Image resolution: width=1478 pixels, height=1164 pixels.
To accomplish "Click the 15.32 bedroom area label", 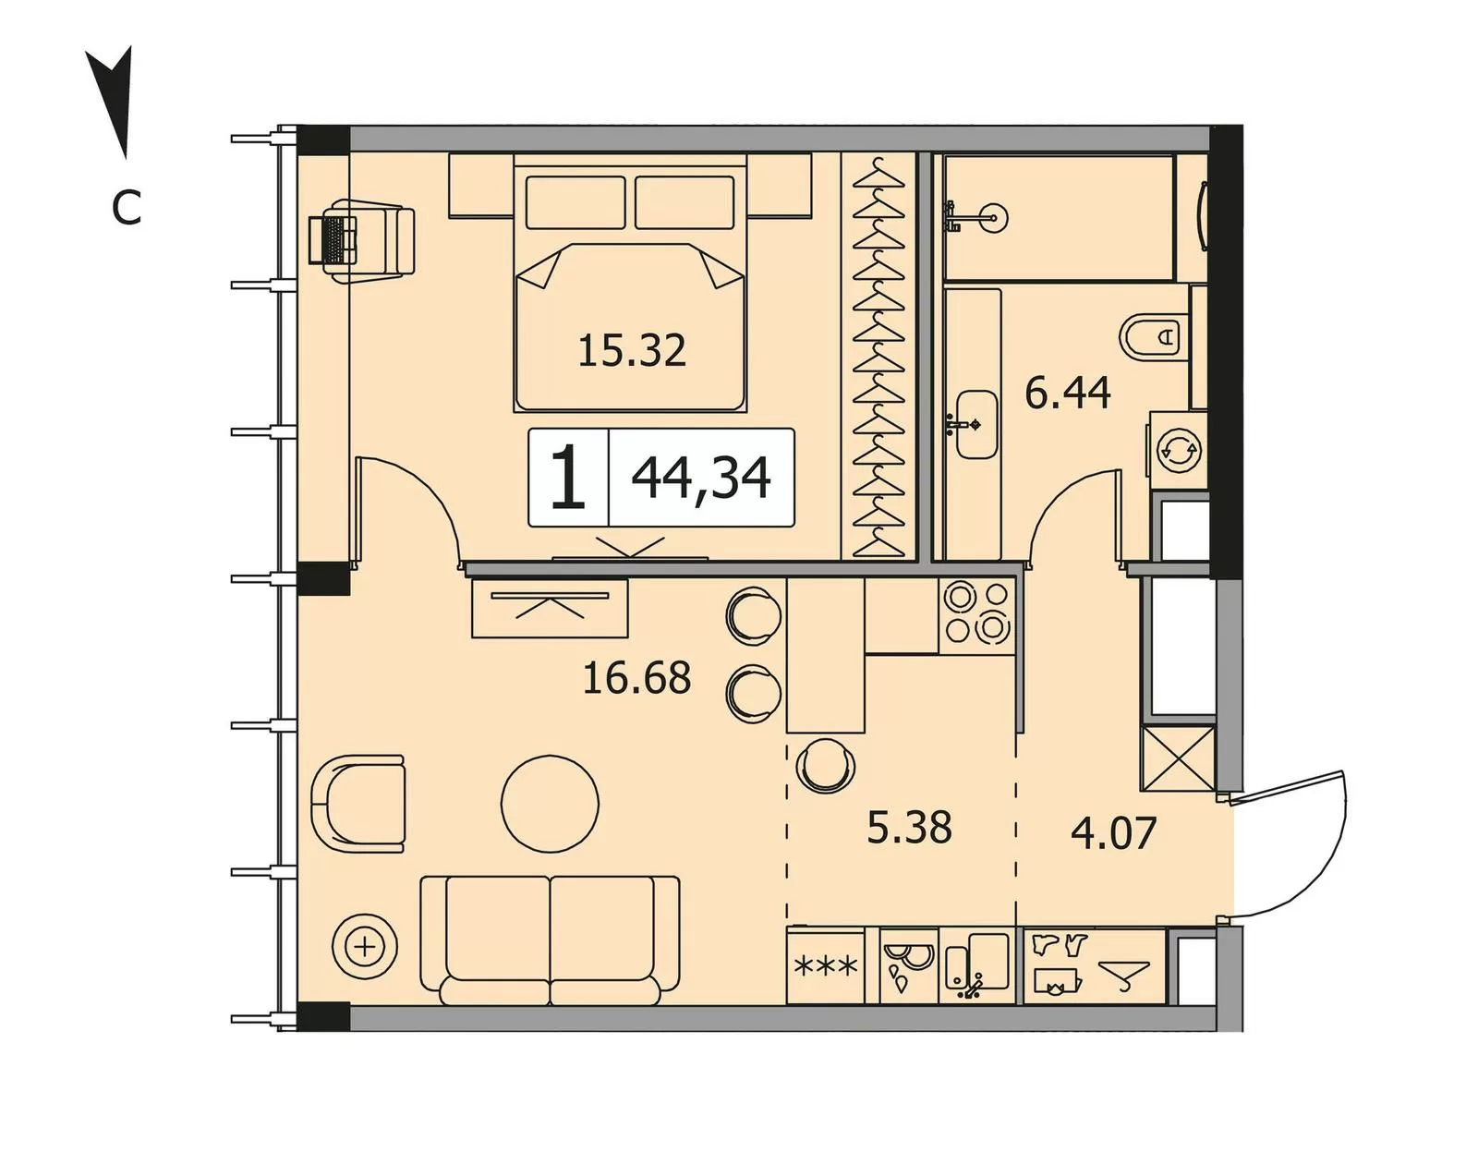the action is (632, 350).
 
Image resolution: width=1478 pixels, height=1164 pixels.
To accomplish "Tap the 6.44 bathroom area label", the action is (1067, 394).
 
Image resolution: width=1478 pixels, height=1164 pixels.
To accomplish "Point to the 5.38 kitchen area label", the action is (909, 828).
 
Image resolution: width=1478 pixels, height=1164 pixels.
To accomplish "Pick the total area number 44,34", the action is (700, 479).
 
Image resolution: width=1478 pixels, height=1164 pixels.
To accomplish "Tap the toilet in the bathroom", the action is (1156, 337).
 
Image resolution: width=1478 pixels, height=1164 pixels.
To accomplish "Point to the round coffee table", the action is (550, 804).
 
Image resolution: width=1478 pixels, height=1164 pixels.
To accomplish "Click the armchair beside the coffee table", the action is (357, 804).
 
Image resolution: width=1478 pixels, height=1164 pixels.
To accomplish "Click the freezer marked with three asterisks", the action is (826, 965).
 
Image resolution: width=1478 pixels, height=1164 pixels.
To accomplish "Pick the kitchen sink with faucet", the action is (976, 965).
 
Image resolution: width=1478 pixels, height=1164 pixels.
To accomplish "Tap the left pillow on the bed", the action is (575, 202).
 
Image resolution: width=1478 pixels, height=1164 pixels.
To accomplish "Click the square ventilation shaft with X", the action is (1177, 758).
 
